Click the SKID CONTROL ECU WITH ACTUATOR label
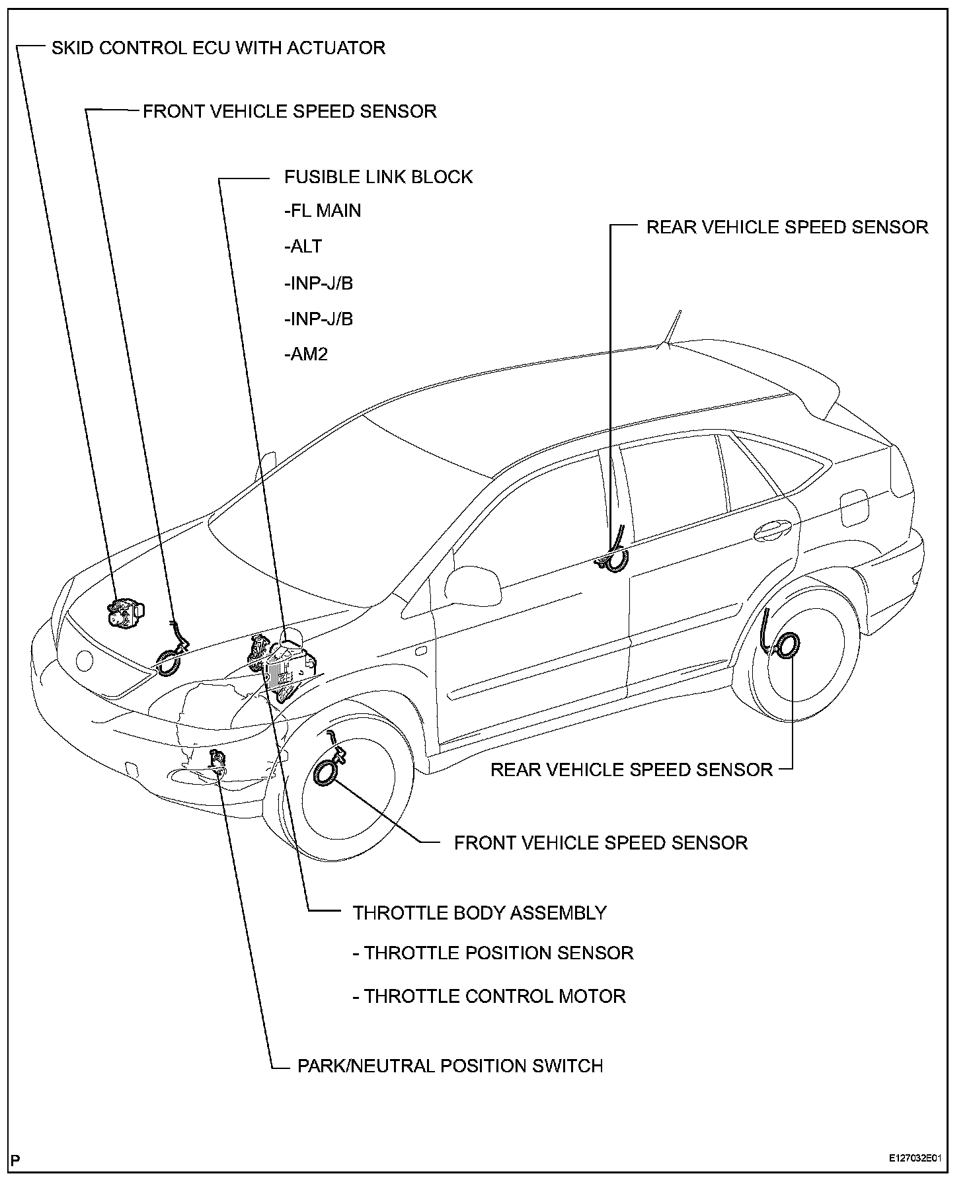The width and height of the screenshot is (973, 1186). (x=218, y=48)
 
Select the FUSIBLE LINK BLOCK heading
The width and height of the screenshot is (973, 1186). (x=378, y=177)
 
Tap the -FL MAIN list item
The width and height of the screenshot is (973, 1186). (x=323, y=211)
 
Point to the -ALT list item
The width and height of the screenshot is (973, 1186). (x=303, y=247)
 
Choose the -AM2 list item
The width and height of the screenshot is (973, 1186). (x=306, y=355)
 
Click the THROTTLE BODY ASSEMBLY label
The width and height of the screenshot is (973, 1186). (x=479, y=913)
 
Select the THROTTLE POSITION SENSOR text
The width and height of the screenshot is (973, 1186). (x=498, y=953)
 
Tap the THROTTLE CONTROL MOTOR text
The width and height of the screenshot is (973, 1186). (x=494, y=996)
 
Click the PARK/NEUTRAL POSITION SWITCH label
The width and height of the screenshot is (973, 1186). (x=450, y=1085)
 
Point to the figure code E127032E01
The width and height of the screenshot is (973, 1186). (x=914, y=1159)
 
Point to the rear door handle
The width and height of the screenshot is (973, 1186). (x=773, y=529)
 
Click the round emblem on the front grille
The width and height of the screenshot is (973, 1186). (x=85, y=660)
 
